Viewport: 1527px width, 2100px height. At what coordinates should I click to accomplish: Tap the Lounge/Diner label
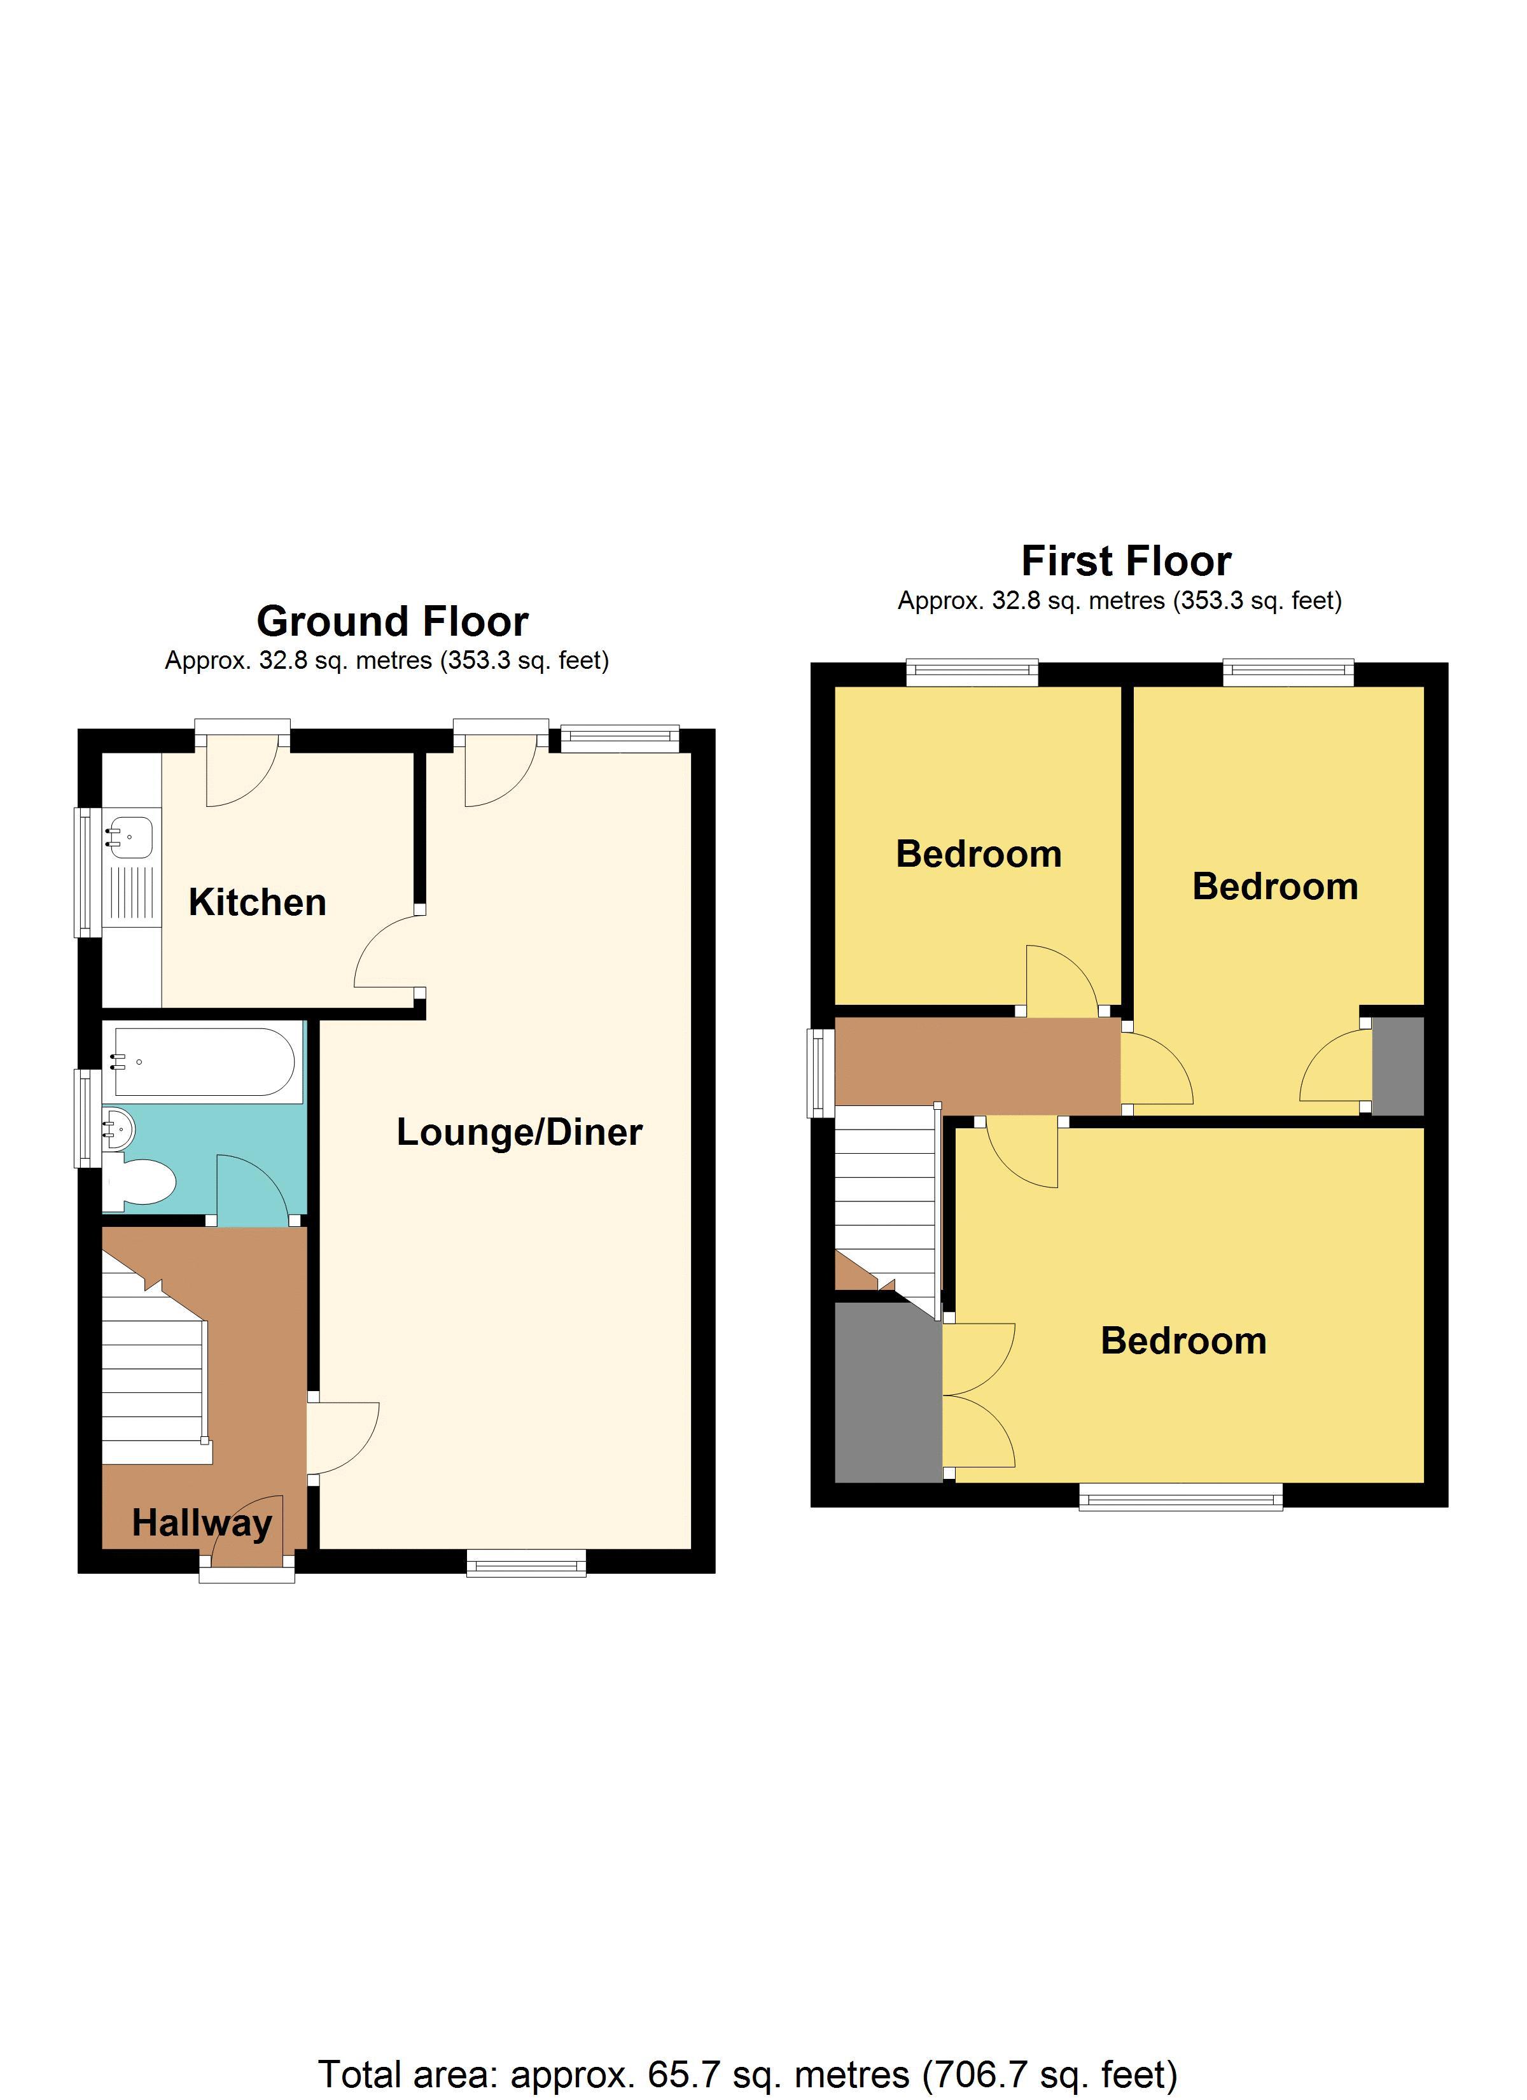[519, 1131]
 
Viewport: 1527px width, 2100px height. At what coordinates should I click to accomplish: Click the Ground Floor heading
[392, 621]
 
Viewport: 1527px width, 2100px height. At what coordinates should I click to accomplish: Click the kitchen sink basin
[130, 834]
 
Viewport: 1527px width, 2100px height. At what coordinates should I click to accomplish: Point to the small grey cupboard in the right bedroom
[1397, 1066]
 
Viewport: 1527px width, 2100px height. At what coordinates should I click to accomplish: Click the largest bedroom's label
[1183, 1341]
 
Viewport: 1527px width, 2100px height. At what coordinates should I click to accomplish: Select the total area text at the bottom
[748, 2048]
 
